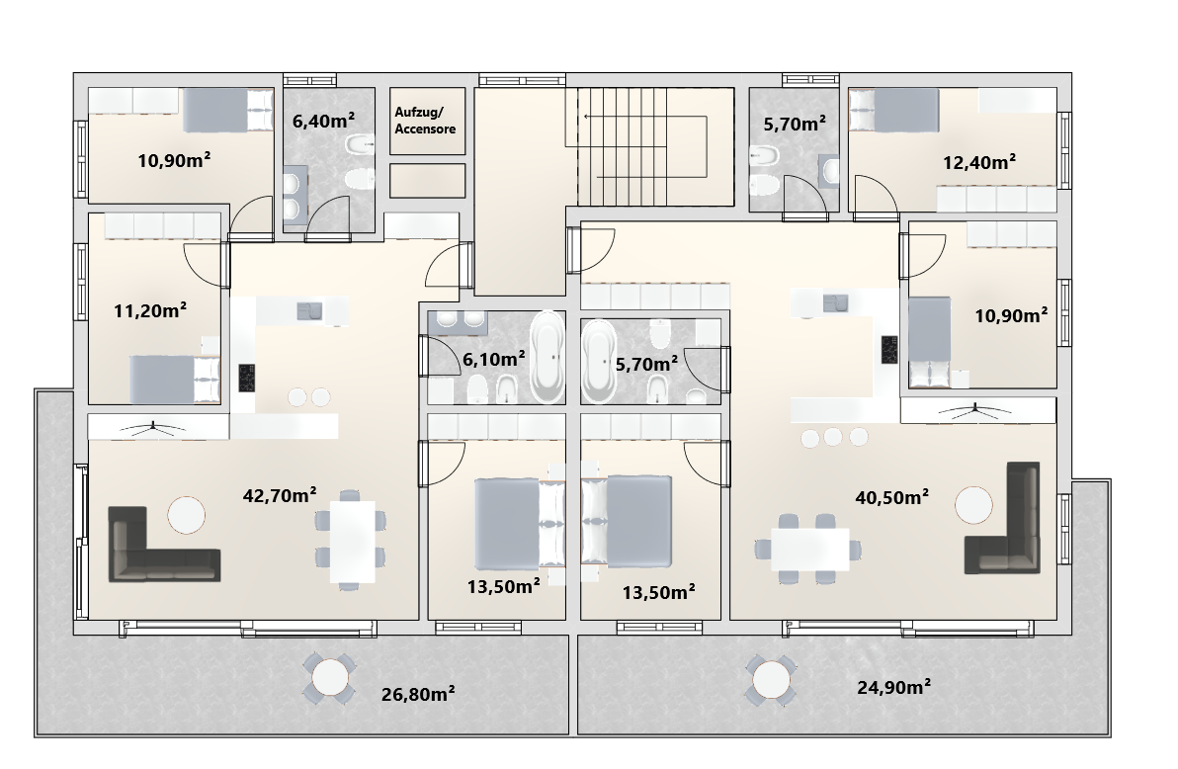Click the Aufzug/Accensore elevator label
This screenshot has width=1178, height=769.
tap(425, 121)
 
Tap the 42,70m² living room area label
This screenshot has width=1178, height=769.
tap(280, 494)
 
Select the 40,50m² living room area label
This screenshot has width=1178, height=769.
tap(891, 497)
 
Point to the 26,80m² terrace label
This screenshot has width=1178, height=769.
tap(418, 693)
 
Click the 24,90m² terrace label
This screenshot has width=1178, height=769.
tap(894, 686)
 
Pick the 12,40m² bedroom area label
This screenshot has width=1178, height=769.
tap(979, 162)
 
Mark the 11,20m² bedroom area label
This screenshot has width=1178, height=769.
tap(150, 309)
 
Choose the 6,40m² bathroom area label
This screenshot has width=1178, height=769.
tap(323, 121)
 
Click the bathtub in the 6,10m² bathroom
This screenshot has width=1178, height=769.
tap(547, 357)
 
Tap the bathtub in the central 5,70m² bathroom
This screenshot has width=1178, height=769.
tap(598, 362)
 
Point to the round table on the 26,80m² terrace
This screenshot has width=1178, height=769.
tap(329, 678)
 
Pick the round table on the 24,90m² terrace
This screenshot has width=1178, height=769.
tap(770, 680)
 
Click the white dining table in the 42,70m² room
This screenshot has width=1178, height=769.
tap(353, 542)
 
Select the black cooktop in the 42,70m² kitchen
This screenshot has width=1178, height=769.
tap(246, 378)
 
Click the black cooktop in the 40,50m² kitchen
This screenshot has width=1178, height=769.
tap(889, 350)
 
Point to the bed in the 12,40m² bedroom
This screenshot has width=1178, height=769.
tap(894, 110)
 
